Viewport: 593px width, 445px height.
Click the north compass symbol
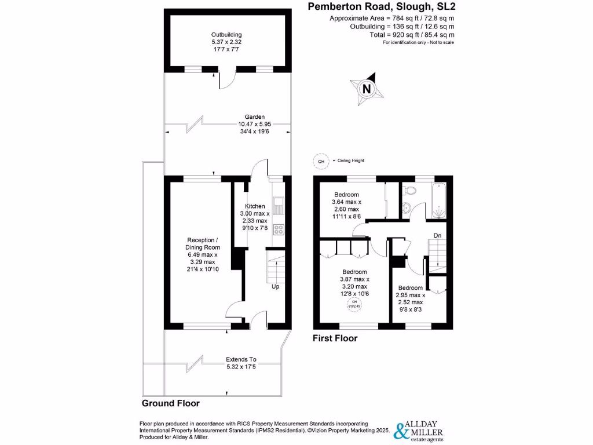[x=366, y=89]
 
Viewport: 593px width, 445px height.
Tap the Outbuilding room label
[x=226, y=42]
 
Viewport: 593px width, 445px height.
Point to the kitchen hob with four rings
[x=279, y=229]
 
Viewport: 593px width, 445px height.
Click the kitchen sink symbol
[x=278, y=204]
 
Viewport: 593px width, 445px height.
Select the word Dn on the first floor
[x=438, y=236]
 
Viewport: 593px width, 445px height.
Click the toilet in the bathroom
[x=410, y=191]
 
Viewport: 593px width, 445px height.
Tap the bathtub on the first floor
[x=438, y=200]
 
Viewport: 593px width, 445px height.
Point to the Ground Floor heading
[x=171, y=403]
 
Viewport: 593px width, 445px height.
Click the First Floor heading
[x=335, y=338]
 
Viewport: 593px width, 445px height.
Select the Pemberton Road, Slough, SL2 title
[x=380, y=7]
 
